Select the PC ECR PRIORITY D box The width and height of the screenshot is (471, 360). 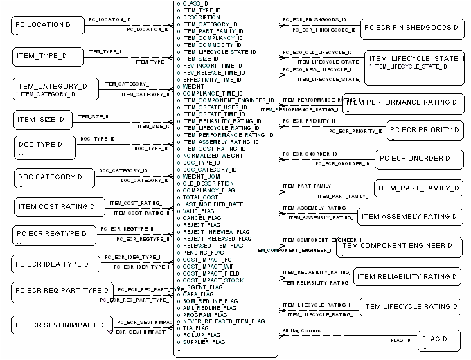point(423,129)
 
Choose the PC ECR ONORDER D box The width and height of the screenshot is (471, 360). point(418,160)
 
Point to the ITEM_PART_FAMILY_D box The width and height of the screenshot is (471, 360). point(418,188)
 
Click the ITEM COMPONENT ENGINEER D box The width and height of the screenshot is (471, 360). point(400,246)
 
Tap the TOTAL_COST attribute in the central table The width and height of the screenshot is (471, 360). point(200,197)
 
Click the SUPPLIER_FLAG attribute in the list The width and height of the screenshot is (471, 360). point(204,341)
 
